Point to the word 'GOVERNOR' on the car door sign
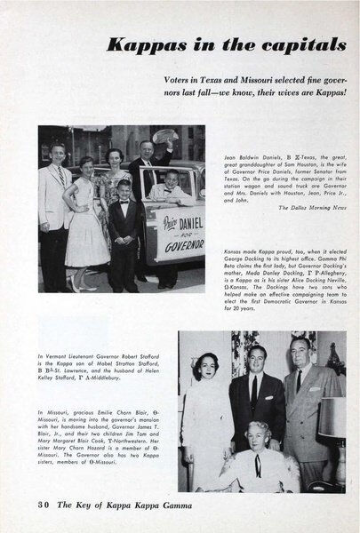(180, 248)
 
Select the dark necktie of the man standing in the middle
(254, 390)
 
